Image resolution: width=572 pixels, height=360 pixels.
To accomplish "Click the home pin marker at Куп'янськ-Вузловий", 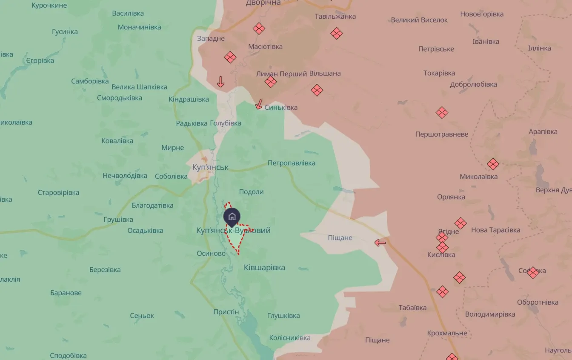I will (232, 217).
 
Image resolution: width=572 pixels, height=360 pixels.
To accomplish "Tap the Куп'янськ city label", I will (210, 167).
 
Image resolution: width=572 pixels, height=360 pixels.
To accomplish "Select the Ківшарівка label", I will (264, 267).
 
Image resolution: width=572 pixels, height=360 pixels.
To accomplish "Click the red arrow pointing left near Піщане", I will (380, 243).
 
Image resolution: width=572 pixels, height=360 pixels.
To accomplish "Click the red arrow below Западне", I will (220, 81).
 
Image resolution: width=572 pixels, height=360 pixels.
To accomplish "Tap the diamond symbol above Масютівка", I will (259, 29).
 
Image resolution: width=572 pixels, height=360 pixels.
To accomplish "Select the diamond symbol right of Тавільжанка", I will (337, 33).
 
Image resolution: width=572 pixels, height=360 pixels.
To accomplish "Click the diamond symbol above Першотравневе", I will (442, 113).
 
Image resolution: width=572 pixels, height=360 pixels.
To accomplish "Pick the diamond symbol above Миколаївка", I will (493, 164).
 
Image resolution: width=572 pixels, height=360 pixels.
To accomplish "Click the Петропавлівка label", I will (292, 163).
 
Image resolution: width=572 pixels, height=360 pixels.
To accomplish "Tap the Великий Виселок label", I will (419, 20).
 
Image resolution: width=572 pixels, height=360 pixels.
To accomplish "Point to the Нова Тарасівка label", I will (495, 230).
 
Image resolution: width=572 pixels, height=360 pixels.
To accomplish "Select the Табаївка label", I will (412, 308).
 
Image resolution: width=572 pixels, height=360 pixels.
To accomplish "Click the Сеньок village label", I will (142, 316).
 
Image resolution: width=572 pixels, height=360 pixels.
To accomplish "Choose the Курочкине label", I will (49, 6).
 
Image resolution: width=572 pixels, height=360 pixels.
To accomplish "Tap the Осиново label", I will (211, 253).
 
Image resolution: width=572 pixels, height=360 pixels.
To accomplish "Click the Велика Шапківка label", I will (140, 87).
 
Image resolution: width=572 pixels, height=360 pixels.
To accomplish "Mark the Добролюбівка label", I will (473, 84).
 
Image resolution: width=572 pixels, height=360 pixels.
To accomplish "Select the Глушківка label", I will (283, 316).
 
